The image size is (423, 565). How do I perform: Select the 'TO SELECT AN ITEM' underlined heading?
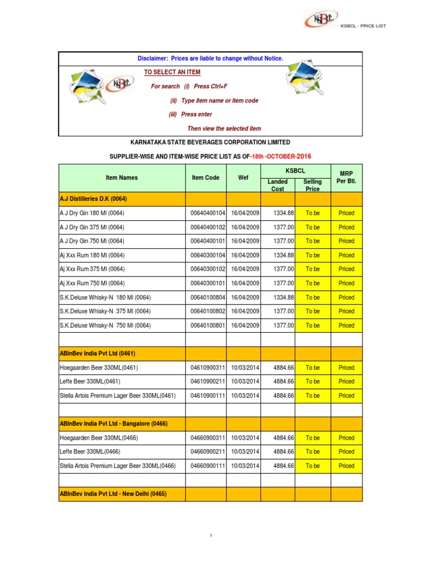click(x=172, y=72)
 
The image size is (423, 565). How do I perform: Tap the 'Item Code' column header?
click(x=205, y=178)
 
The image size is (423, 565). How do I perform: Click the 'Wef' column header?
click(x=243, y=178)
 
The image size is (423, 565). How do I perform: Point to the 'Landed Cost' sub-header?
click(x=278, y=185)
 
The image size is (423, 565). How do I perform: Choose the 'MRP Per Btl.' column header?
click(x=346, y=178)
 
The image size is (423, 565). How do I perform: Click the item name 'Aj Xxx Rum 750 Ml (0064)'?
click(x=92, y=283)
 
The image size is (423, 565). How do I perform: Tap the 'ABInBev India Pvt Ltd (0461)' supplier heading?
click(x=97, y=353)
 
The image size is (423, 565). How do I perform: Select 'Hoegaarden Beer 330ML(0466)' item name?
click(x=99, y=438)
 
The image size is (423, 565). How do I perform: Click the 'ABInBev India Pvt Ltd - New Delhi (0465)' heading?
click(x=113, y=494)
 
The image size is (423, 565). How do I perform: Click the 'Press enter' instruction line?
click(x=190, y=114)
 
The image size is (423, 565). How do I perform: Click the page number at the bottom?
click(x=211, y=536)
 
